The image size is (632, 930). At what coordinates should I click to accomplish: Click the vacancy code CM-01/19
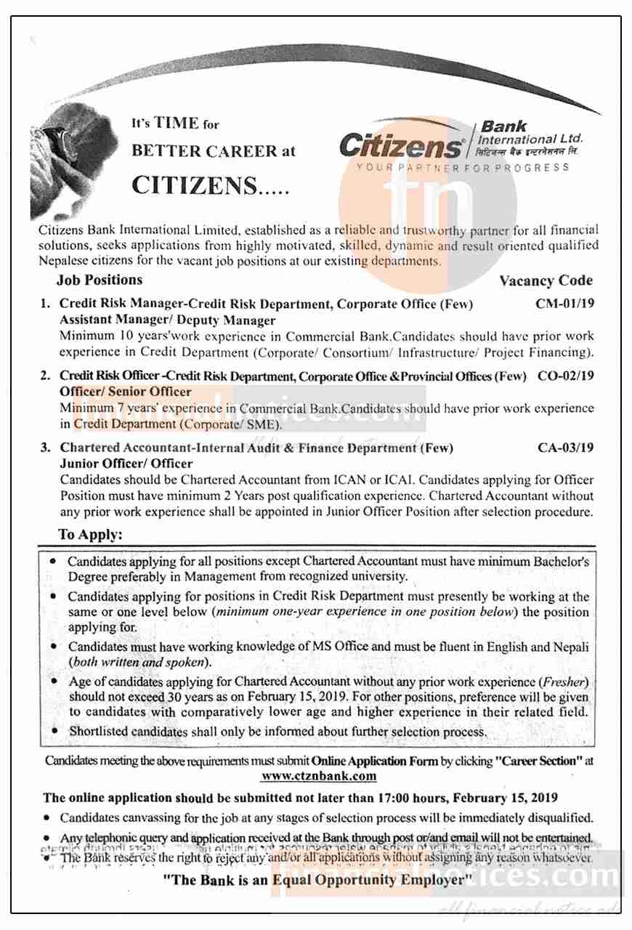coord(564,304)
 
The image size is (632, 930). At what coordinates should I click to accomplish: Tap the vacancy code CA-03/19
coord(565,448)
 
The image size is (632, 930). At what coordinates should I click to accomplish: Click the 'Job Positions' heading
coord(100,280)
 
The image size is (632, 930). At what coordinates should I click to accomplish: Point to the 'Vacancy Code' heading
coord(546,280)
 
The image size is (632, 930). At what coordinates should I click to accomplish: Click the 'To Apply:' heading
coord(91,535)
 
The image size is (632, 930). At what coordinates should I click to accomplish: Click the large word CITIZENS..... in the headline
coord(210,186)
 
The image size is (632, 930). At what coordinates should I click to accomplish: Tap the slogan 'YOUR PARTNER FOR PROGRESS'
coord(463,168)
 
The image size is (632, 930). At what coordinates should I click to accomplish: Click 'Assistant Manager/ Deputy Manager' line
coord(168,320)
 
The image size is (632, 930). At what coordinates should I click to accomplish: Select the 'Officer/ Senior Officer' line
coord(126,392)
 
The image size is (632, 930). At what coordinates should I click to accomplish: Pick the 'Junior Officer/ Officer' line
coord(126,464)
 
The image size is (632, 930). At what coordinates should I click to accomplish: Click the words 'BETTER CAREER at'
coord(214,152)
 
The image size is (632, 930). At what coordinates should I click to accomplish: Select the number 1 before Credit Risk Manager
coord(45,304)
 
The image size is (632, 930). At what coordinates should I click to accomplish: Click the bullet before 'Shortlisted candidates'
coord(55,731)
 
